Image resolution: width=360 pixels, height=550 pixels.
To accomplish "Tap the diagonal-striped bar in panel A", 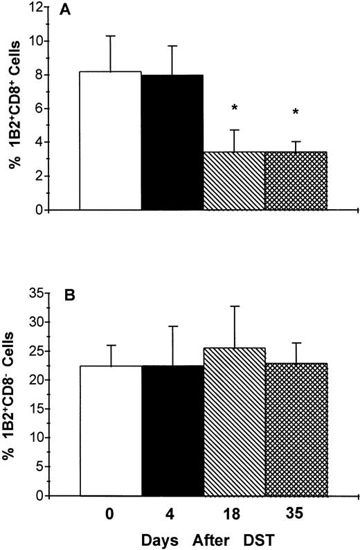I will [x=235, y=180].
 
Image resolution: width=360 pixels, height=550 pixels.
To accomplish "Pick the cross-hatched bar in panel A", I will [x=296, y=180].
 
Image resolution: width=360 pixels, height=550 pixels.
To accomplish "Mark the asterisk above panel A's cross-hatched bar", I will [x=297, y=112].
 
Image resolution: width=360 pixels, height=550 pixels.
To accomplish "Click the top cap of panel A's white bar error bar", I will [x=111, y=35].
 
